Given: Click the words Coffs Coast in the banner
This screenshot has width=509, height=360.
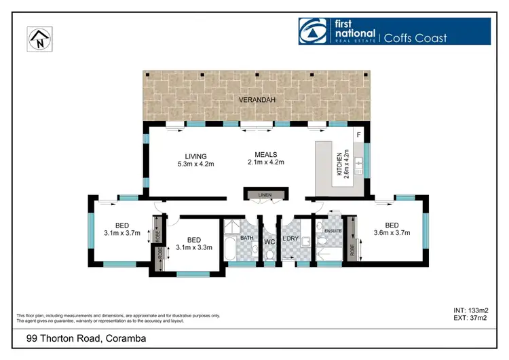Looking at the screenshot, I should [416, 37].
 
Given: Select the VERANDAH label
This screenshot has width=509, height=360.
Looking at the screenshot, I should [257, 100].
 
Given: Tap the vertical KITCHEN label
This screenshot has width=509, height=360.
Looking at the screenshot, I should [339, 163].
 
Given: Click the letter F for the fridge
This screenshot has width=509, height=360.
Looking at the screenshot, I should [359, 135].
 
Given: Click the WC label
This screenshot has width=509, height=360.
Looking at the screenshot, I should [269, 240].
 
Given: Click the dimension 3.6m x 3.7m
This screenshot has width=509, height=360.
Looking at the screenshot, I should [392, 234].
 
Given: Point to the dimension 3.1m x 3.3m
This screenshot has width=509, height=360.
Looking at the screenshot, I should [193, 247].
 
